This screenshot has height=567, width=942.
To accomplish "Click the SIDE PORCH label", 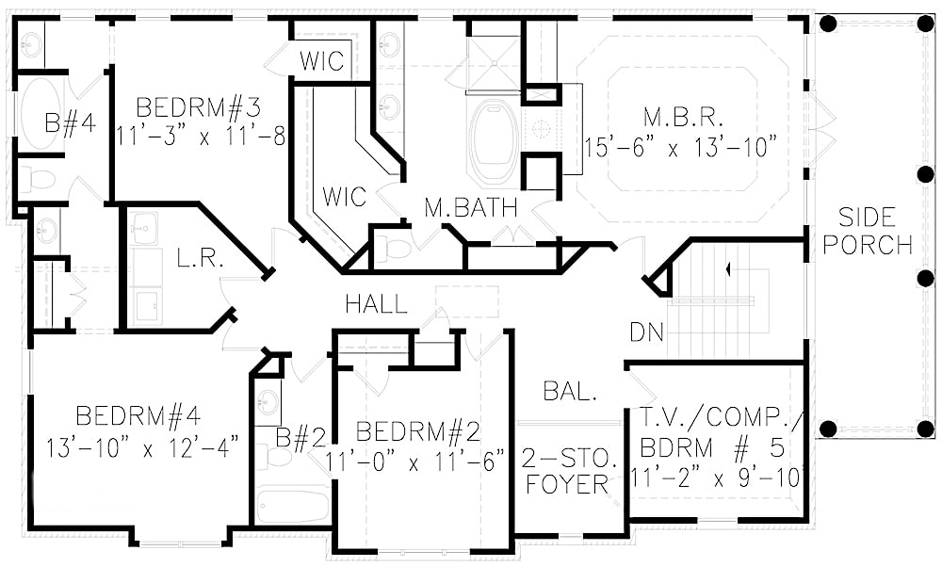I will pyautogui.click(x=875, y=231).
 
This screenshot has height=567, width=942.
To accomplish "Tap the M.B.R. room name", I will pyautogui.click(x=683, y=118).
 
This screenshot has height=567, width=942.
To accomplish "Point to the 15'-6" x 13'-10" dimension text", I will pyautogui.click(x=681, y=147).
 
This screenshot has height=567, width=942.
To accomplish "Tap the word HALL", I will pyautogui.click(x=377, y=304).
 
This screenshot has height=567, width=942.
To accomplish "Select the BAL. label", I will pyautogui.click(x=570, y=392).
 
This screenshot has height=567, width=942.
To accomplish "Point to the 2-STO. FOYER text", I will pyautogui.click(x=572, y=472).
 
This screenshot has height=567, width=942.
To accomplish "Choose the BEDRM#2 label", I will pyautogui.click(x=418, y=432).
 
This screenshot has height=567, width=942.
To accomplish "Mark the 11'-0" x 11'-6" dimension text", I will pyautogui.click(x=415, y=462).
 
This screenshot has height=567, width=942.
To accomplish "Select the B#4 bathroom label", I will pyautogui.click(x=71, y=123).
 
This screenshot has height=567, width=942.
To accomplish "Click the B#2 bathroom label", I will pyautogui.click(x=300, y=437).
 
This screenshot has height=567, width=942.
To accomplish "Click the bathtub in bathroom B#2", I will pyautogui.click(x=292, y=505).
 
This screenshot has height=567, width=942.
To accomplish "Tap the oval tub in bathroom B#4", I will pyautogui.click(x=41, y=113).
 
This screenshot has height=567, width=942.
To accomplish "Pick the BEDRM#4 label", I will pyautogui.click(x=138, y=415).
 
